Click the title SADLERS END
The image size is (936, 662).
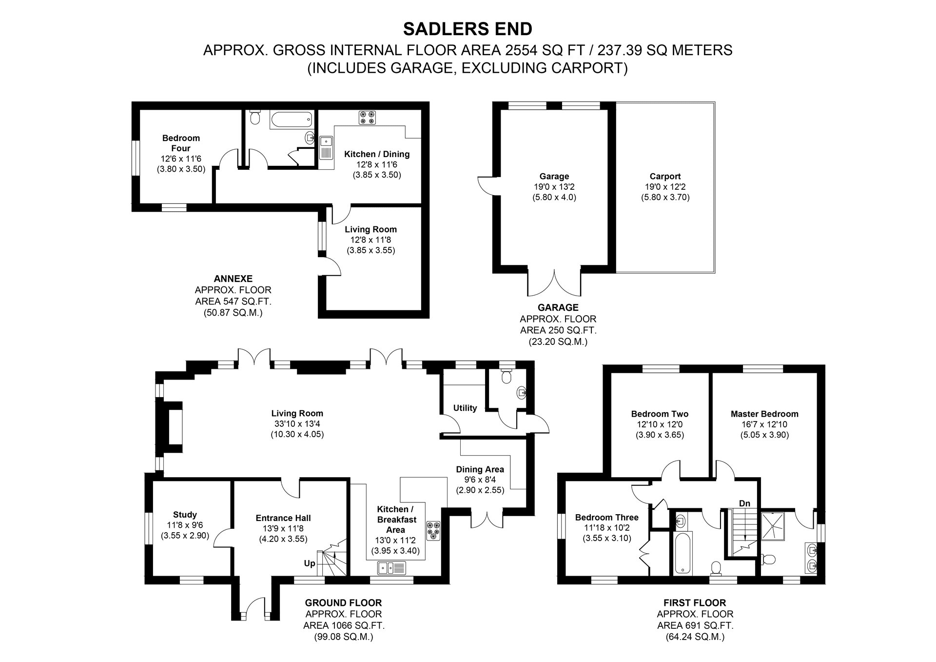coord(468,29)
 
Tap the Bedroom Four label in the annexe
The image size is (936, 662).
coord(181,143)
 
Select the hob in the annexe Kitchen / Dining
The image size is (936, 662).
coord(367,117)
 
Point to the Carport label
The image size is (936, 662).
coord(665,177)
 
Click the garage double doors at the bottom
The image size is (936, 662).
coord(554,283)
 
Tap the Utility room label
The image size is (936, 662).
coord(465,408)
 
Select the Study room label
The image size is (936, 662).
coord(185,514)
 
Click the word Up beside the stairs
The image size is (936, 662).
coord(310,563)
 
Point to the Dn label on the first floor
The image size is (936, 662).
coord(744,503)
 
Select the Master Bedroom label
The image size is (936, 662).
coord(764,414)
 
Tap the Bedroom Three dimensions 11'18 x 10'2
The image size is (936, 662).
coord(606,539)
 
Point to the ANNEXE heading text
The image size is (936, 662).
coord(233,279)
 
